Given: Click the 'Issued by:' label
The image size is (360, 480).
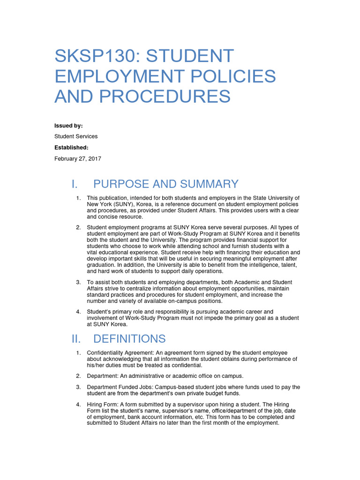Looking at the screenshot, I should [68, 126].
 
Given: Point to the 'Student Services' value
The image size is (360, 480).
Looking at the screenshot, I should [76, 136].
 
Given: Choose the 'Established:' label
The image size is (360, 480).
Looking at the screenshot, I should [71, 148].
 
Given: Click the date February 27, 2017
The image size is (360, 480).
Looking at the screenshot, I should [78, 159].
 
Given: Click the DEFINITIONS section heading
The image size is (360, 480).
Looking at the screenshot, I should [129, 338].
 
